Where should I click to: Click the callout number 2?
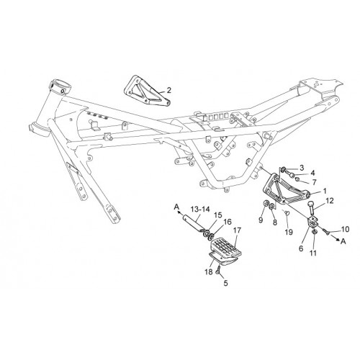[169, 90]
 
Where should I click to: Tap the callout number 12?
[330, 201]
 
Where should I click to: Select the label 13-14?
[200, 210]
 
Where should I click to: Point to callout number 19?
[289, 232]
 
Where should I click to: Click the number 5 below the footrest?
[225, 283]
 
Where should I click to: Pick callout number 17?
[237, 230]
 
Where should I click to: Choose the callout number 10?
[345, 229]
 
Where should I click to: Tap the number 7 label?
[314, 182]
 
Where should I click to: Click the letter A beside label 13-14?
[176, 207]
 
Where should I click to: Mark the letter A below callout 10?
[343, 241]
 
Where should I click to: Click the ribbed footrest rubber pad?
[226, 248]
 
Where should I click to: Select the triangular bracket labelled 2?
[147, 90]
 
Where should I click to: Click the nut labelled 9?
[266, 204]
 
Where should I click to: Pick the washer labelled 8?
[272, 206]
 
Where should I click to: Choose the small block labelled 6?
[313, 222]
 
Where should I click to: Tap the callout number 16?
[228, 222]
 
